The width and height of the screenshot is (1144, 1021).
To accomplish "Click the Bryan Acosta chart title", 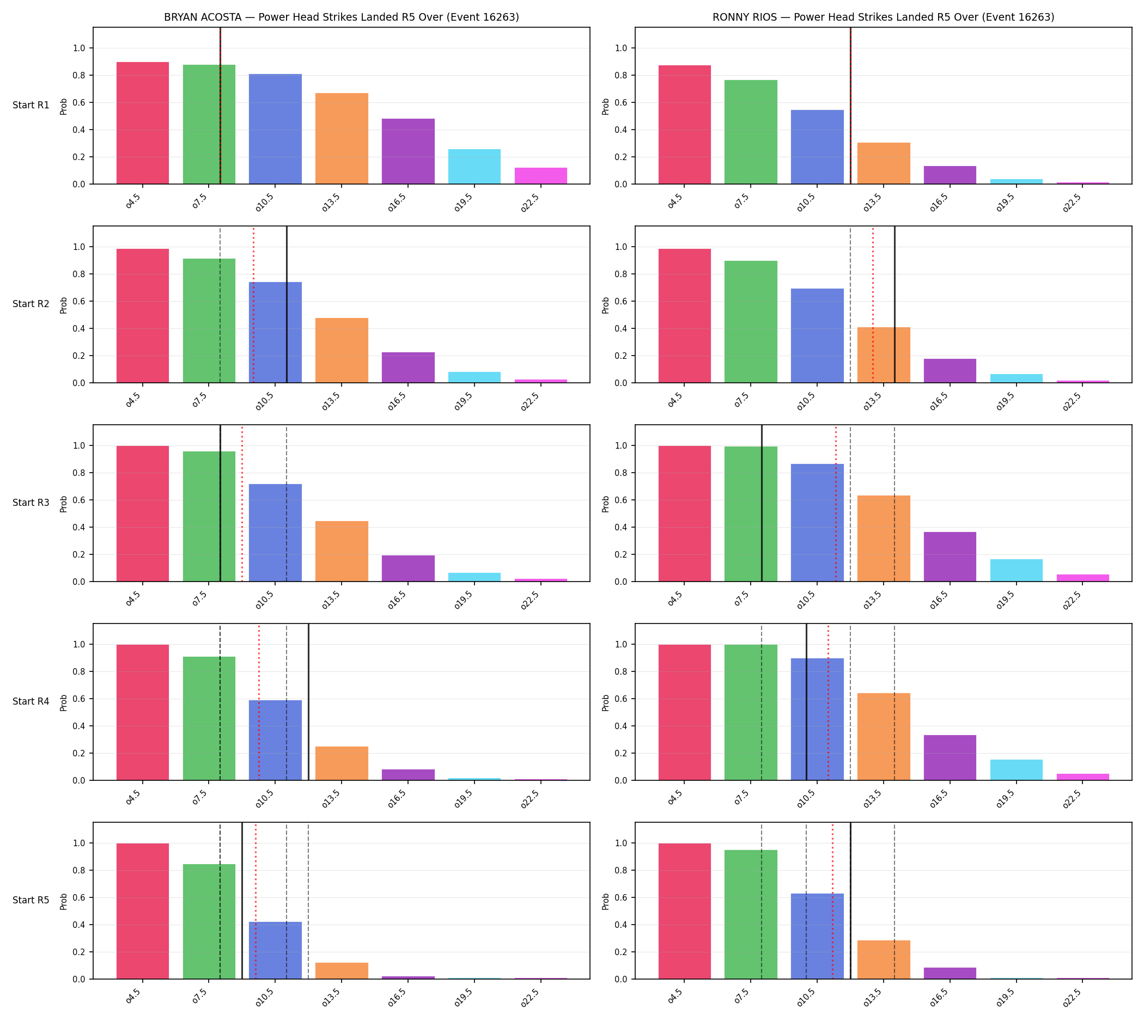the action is pos(341,17).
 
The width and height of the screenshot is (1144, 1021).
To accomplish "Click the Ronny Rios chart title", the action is pos(883,17).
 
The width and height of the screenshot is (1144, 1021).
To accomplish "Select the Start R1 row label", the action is pos(31,106).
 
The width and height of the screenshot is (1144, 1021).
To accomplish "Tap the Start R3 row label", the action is pos(31,503).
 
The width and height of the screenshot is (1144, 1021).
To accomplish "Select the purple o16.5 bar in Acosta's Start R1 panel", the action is pos(408,151).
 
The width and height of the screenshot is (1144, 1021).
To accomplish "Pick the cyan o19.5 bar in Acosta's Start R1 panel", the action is pos(474,167).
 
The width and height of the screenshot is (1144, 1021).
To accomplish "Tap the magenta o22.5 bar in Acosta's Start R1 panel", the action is pos(540,175).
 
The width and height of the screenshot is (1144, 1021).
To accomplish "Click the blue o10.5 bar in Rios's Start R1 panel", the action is pos(817,147).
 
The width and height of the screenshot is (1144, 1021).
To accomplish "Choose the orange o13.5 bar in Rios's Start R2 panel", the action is pos(884,355).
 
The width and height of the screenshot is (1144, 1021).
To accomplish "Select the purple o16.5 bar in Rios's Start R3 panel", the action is pos(950,557).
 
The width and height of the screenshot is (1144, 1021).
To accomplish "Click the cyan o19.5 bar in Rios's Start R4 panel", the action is pos(1016,769).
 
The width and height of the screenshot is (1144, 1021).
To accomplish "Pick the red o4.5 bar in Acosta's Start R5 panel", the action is pos(143,911).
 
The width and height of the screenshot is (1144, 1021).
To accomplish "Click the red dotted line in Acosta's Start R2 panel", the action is pos(253,304).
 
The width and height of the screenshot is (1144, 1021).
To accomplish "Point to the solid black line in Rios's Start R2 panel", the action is pos(894,304).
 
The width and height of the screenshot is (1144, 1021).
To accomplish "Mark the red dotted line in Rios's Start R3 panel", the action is pos(835,503).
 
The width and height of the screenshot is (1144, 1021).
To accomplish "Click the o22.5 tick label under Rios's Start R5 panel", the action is pos(1072,998).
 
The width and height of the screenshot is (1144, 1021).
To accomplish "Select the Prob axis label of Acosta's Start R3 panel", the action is pos(63,504).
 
